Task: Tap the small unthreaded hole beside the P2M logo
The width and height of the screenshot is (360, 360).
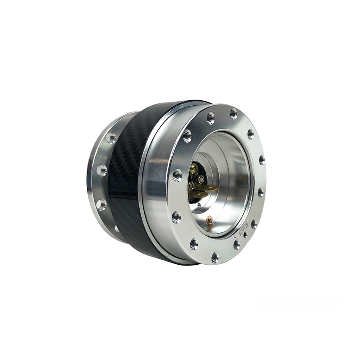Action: tap(245, 236)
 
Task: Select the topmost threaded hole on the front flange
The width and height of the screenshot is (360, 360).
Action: tap(233, 114)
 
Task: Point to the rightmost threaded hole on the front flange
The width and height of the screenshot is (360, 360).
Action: tap(262, 160)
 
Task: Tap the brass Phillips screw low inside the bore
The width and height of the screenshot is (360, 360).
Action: tap(209, 220)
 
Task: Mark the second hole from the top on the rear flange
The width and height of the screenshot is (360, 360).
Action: tap(102, 170)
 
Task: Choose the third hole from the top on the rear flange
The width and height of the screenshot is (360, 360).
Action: tap(102, 205)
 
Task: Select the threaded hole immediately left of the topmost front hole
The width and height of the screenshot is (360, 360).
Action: tap(210, 118)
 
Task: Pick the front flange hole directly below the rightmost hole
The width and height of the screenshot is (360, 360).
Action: tap(260, 192)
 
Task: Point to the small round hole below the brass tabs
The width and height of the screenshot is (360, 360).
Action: tap(199, 205)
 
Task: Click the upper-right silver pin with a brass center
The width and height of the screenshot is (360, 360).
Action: tap(202, 179)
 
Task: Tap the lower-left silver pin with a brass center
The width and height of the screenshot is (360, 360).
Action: tap(191, 186)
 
